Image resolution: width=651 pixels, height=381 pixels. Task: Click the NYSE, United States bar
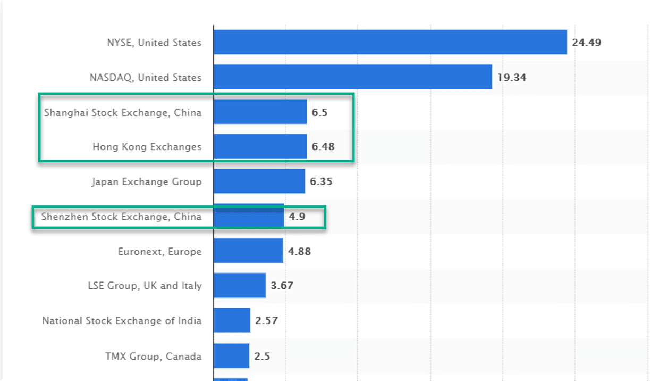[x=390, y=42]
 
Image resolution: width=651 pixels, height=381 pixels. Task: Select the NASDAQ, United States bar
[x=352, y=77]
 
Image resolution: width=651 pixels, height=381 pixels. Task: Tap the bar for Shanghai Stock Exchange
[x=260, y=112]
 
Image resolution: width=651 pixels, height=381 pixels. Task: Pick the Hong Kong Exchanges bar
[x=260, y=146]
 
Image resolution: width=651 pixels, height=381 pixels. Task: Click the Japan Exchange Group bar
[x=259, y=181]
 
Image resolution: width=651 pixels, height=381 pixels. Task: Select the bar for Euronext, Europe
[x=248, y=251]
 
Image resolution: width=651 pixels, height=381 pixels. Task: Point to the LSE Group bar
[x=239, y=285]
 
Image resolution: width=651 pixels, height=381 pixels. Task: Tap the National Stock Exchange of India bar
[x=231, y=320]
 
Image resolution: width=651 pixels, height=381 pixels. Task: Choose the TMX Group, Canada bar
[x=231, y=355]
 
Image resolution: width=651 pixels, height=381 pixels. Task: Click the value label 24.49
[x=587, y=43]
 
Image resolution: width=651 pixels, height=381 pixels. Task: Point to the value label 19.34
[x=512, y=78]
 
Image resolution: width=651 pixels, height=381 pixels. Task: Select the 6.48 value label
[x=323, y=146]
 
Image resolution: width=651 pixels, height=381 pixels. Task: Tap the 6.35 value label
[x=321, y=181]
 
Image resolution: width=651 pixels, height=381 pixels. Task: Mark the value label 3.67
[x=282, y=286]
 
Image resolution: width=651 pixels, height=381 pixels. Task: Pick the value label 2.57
[x=266, y=321]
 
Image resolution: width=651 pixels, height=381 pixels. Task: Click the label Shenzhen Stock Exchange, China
[x=121, y=217]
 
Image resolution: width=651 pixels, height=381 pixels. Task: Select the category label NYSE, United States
[x=154, y=43]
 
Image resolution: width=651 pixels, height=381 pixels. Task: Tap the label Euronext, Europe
[x=159, y=251]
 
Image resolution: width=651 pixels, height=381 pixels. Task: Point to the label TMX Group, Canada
[x=153, y=356]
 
